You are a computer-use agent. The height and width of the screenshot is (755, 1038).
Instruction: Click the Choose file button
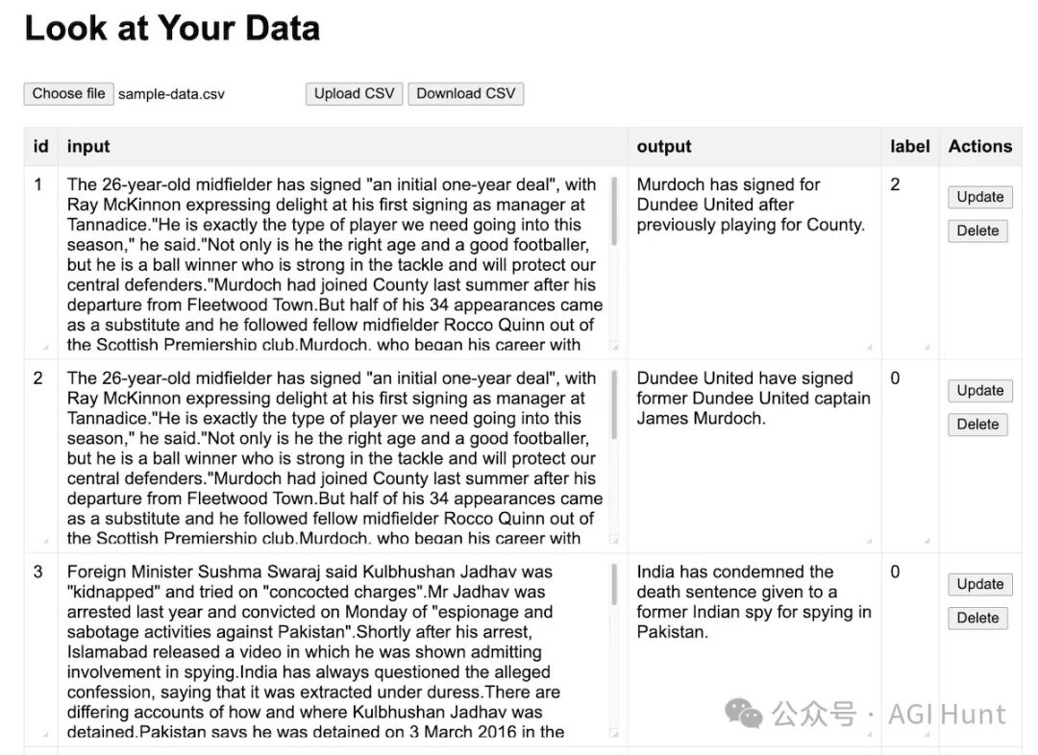[68, 93]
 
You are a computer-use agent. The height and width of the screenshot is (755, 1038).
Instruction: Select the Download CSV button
[465, 93]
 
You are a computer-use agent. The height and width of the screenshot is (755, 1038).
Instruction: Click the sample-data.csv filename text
[171, 94]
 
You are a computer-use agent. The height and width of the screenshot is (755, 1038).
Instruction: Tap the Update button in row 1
[979, 197]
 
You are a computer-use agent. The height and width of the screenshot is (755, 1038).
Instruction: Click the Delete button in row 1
[977, 231]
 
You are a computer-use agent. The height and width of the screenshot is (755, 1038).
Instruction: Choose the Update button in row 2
[979, 391]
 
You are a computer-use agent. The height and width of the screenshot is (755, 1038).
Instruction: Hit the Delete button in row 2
[977, 425]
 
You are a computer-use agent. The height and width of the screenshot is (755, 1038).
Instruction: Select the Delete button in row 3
[977, 618]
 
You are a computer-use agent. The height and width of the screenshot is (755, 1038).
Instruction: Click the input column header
[88, 146]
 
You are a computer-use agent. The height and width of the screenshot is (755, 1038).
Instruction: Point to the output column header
[664, 146]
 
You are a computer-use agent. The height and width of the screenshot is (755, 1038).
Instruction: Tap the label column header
[909, 146]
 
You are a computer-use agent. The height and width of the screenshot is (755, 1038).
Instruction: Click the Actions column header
[979, 146]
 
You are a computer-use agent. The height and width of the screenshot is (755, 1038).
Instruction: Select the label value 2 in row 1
[895, 184]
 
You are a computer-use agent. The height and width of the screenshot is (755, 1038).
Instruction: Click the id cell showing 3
[38, 572]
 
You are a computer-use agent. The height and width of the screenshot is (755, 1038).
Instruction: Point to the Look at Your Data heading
[172, 28]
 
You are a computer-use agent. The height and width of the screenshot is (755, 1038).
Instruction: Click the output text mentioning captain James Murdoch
[753, 398]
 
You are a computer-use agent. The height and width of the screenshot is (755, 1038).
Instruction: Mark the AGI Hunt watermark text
[947, 714]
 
